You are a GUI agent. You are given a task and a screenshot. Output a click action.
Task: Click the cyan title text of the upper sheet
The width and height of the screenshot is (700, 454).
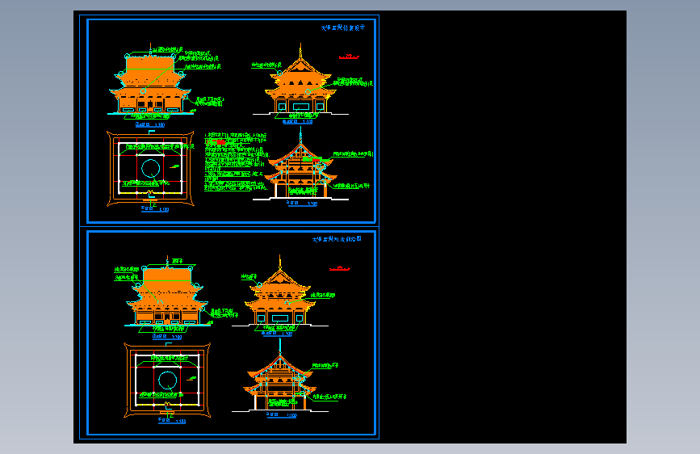(343, 27)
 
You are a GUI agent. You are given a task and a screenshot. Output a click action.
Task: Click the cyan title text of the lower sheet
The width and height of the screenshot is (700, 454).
(337, 239)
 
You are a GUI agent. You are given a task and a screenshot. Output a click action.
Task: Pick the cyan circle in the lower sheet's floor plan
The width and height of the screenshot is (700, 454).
(167, 380)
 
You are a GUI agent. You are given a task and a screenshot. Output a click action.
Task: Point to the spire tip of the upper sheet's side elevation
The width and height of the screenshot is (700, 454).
(300, 48)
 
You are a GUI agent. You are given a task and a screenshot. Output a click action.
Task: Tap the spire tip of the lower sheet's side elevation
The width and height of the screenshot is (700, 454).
(280, 257)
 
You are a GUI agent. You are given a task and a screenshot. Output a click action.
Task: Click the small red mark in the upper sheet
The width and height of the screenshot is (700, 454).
(349, 57)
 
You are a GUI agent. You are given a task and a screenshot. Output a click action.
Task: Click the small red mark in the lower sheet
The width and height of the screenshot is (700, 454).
(339, 267)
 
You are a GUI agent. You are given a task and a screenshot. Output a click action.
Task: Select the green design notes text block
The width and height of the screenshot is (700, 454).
(234, 162)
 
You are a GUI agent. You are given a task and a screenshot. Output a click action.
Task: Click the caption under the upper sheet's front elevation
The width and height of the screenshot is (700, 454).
(150, 124)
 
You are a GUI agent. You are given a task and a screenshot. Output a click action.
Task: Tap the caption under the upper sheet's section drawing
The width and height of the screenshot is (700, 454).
(303, 204)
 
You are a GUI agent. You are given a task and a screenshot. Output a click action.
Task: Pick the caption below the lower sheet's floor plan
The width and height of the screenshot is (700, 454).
(170, 421)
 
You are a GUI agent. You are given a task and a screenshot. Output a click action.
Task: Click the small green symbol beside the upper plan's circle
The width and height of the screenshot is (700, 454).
(173, 165)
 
